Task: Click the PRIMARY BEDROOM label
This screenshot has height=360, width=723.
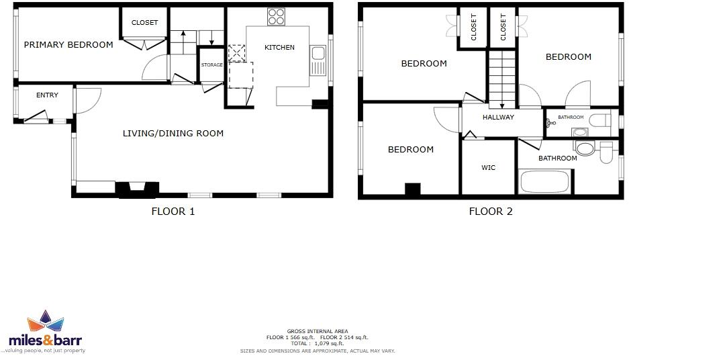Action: pyautogui.click(x=68, y=45)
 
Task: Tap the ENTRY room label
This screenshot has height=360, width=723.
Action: pyautogui.click(x=47, y=95)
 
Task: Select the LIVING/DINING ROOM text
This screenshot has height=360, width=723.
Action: pyautogui.click(x=173, y=134)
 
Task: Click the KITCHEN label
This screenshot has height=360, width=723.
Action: pyautogui.click(x=279, y=48)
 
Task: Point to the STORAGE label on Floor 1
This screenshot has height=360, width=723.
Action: pyautogui.click(x=212, y=65)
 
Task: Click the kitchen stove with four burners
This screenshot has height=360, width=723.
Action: pyautogui.click(x=276, y=16)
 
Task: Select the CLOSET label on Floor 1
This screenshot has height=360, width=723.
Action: pyautogui.click(x=144, y=23)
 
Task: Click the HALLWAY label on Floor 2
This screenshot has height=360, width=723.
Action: pyautogui.click(x=498, y=118)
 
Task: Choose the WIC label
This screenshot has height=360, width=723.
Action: pyautogui.click(x=488, y=168)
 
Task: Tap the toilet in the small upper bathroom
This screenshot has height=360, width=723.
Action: pyautogui.click(x=600, y=121)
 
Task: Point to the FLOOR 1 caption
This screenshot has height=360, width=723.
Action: pyautogui.click(x=173, y=212)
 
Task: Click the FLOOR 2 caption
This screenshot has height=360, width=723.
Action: pyautogui.click(x=490, y=212)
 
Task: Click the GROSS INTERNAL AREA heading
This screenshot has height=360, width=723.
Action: pyautogui.click(x=318, y=331)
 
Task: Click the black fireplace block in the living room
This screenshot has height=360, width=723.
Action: pyautogui.click(x=138, y=189)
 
